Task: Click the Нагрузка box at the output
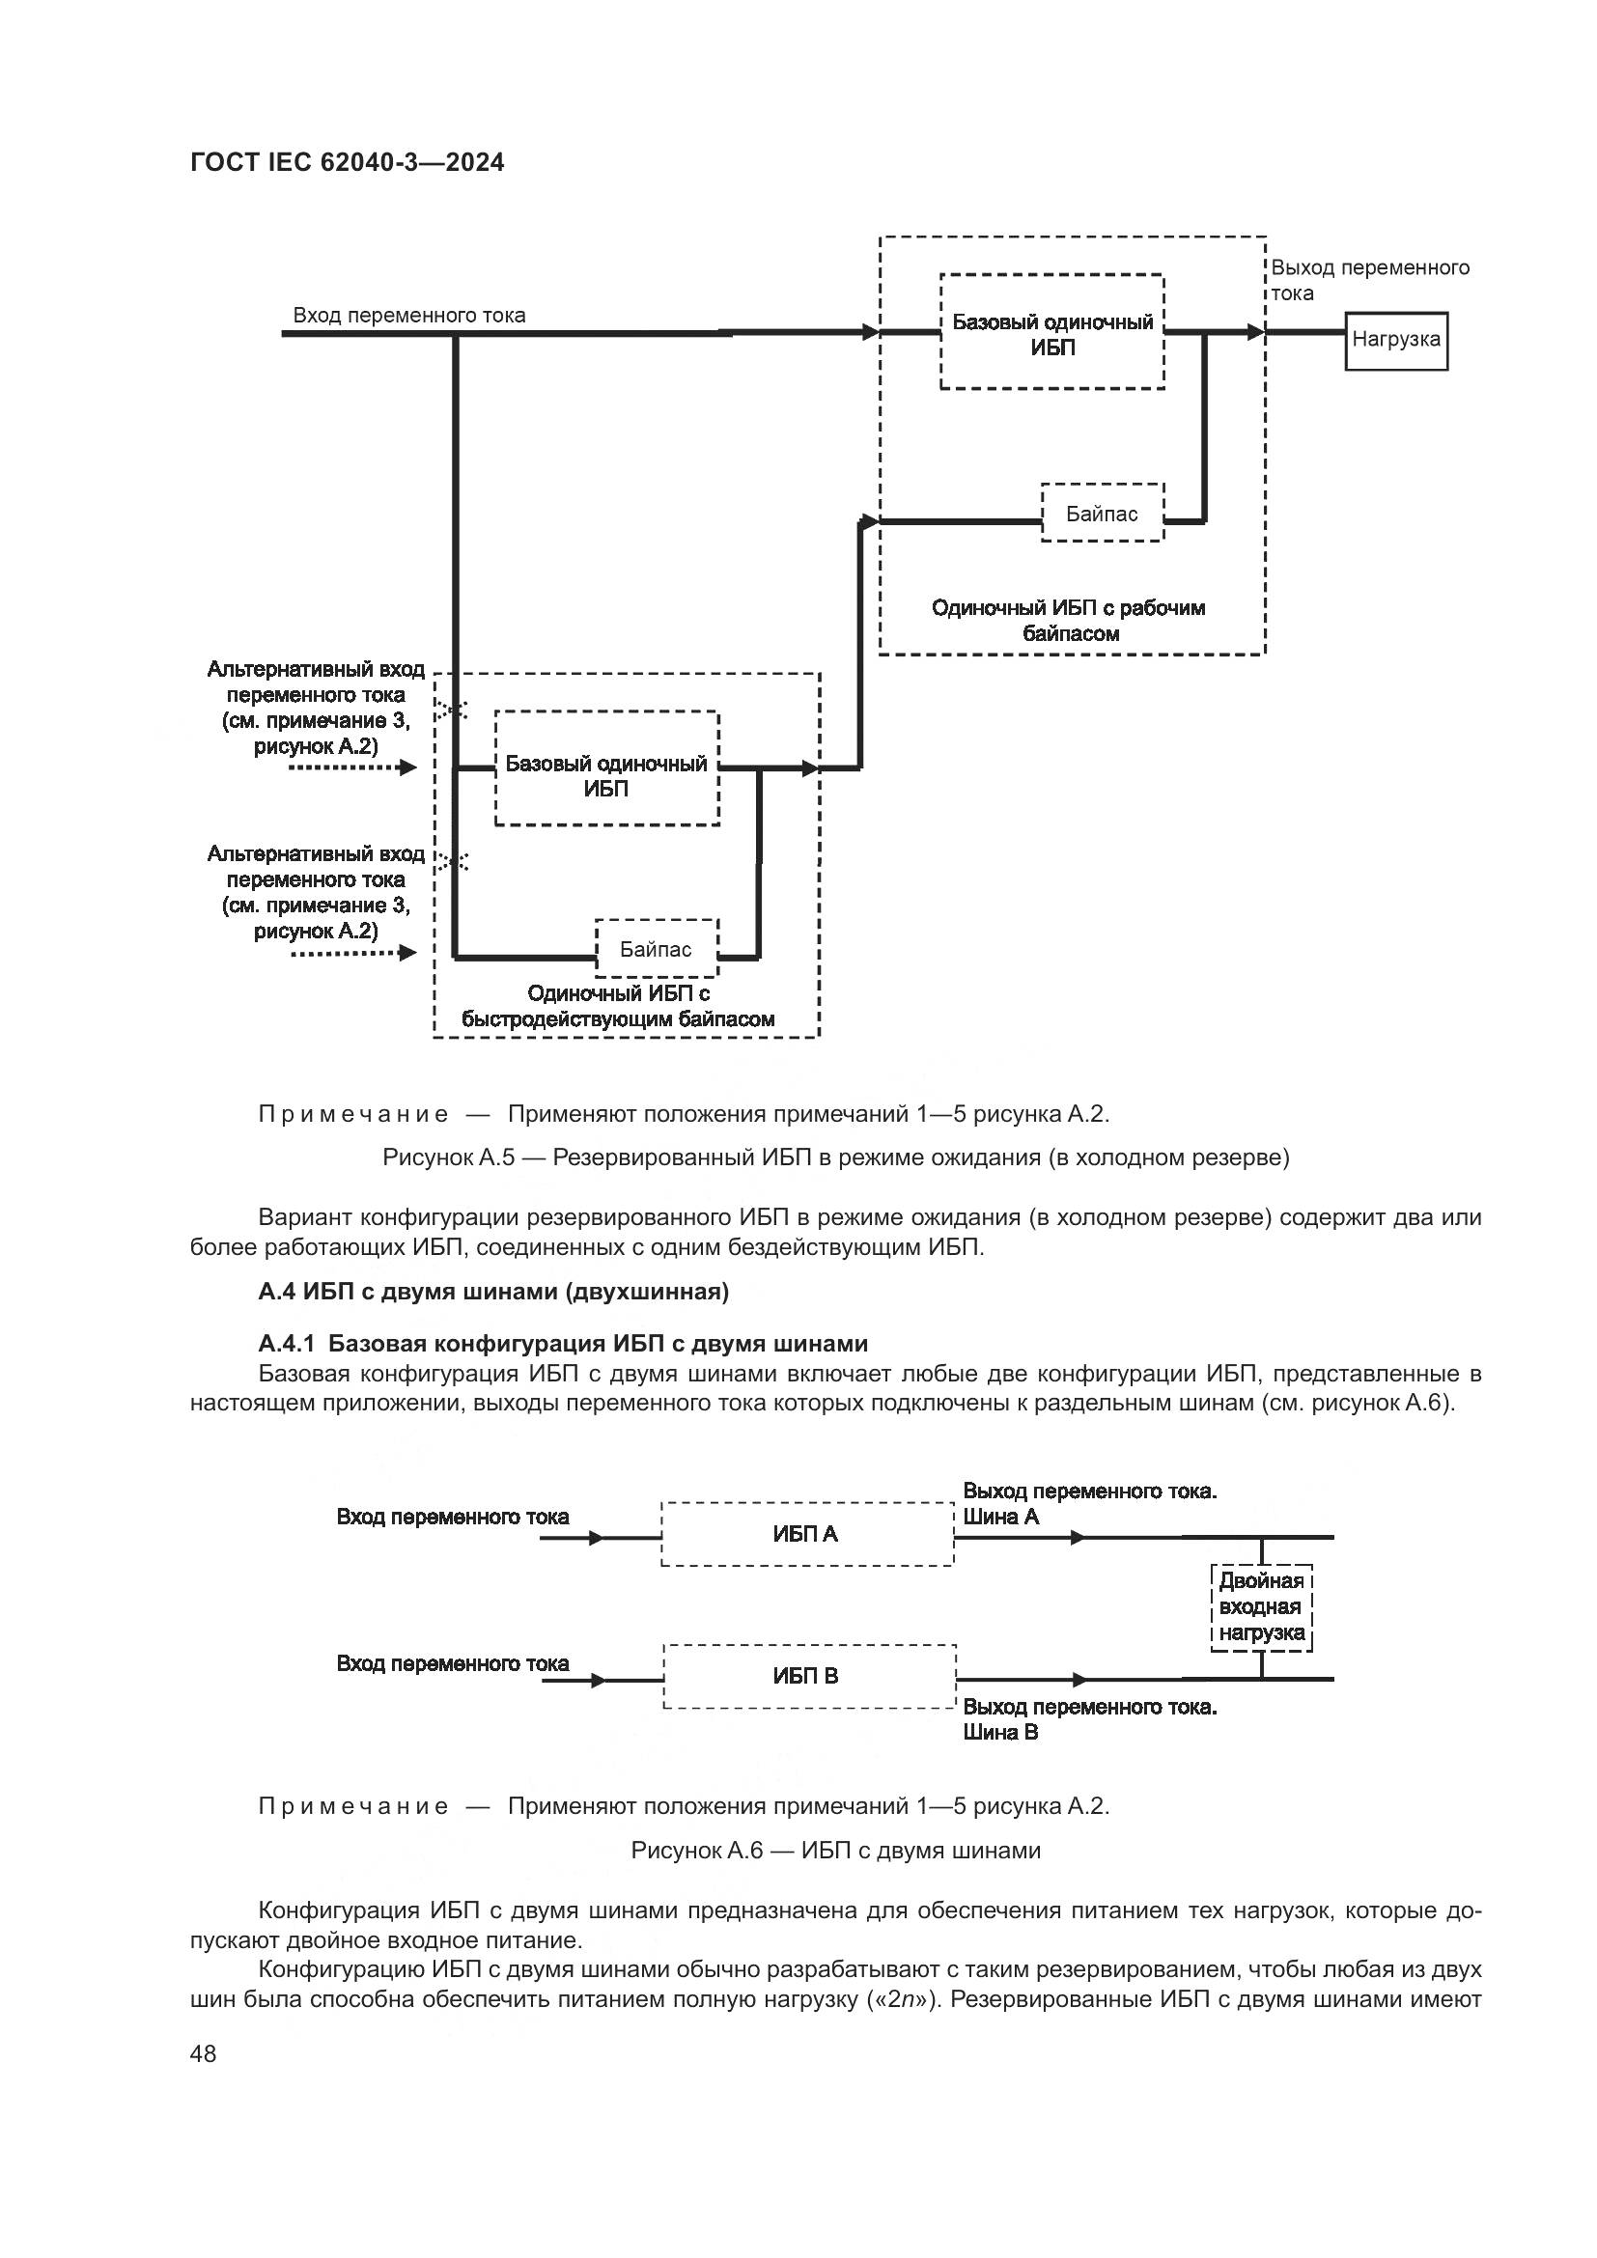1395,340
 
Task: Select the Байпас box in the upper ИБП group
1102,514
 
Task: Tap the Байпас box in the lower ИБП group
656,949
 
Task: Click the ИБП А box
806,1534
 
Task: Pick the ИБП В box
808,1676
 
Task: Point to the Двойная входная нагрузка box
1262,1607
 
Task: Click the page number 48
204,2053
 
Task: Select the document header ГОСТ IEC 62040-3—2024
348,162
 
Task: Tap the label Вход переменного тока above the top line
409,316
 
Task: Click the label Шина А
1001,1517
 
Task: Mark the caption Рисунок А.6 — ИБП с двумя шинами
835,1851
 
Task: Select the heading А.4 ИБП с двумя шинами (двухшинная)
493,1292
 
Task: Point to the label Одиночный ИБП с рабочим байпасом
1068,621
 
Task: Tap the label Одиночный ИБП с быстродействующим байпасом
619,1007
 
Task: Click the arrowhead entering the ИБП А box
596,1538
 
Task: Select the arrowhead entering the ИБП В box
598,1681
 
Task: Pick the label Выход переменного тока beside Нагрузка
1369,280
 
